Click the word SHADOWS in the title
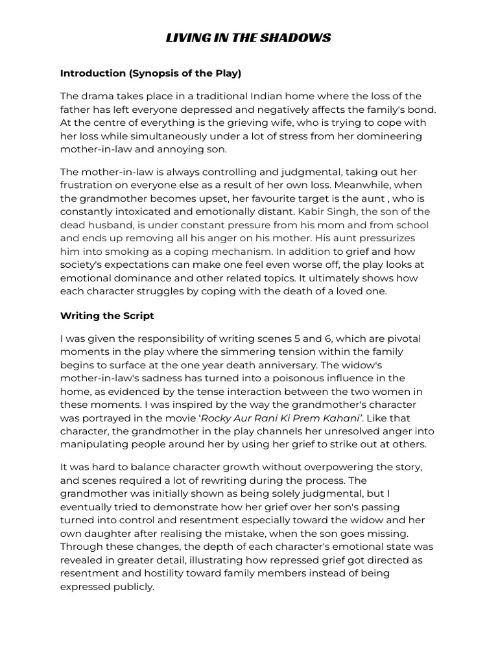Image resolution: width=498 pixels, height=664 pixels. coord(301,38)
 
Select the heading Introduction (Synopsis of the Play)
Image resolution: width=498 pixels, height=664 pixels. coord(150,73)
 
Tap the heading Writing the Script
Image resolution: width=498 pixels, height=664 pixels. coord(107,316)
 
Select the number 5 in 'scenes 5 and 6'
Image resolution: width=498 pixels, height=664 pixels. coord(314,338)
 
